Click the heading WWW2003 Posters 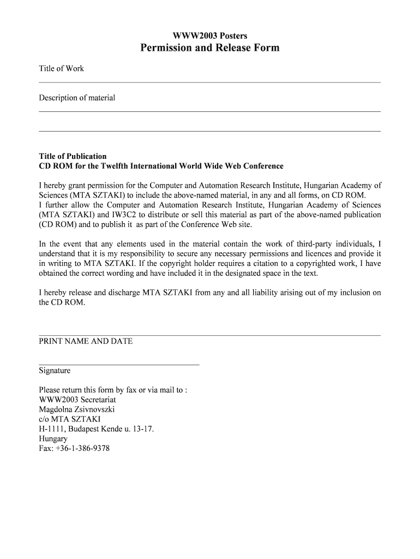210,35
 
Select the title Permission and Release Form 210,48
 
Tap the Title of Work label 61,68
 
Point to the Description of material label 77,98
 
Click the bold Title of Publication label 73,156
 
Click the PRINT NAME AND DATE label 86,341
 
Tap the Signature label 55,371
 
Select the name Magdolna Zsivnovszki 77,409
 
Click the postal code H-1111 50,429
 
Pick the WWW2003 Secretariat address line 77,399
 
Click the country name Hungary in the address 53,438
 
